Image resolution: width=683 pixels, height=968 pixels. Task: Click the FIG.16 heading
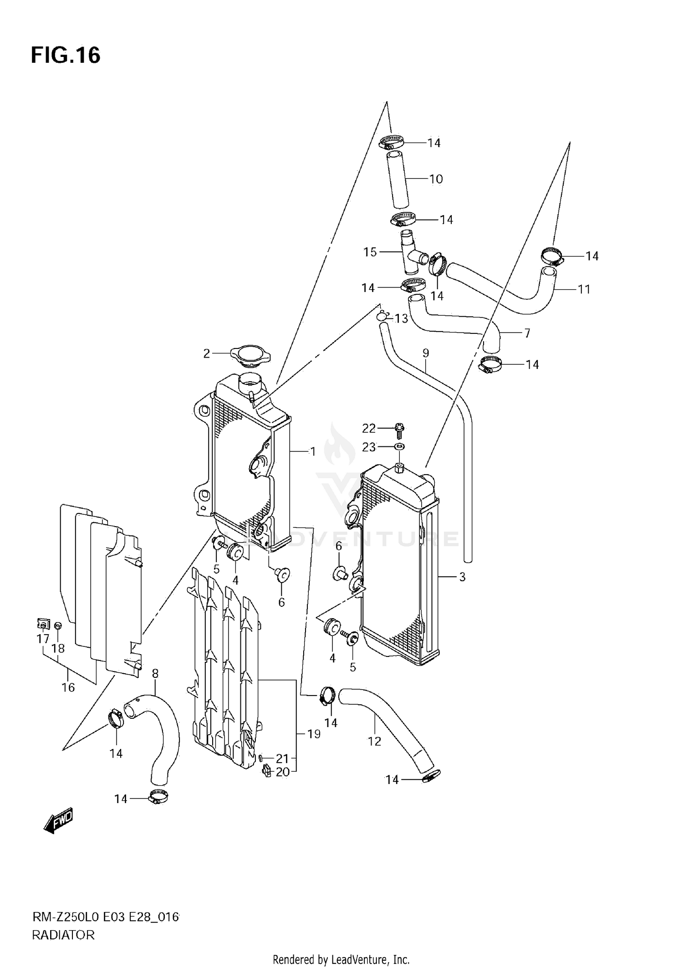tap(66, 56)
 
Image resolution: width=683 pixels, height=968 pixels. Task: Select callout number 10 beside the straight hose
tap(436, 179)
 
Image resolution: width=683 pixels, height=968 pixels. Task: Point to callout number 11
tap(584, 289)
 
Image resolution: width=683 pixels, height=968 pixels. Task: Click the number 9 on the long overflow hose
tap(426, 353)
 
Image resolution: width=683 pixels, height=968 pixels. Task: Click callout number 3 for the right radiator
tap(462, 577)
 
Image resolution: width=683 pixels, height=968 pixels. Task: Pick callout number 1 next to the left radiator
tap(312, 451)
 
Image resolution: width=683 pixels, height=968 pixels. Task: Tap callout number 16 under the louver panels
tap(68, 687)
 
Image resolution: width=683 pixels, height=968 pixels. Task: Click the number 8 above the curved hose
tap(155, 673)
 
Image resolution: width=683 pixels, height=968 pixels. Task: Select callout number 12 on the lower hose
tap(374, 742)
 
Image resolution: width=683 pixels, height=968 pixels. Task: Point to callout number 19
tap(314, 734)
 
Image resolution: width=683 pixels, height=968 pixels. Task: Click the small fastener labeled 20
tap(267, 771)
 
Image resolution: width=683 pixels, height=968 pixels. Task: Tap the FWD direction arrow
tap(58, 822)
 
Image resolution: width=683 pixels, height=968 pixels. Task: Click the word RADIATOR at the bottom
tap(63, 935)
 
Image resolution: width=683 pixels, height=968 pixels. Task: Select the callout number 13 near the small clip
tap(401, 318)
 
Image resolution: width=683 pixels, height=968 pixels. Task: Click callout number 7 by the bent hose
tap(527, 333)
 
